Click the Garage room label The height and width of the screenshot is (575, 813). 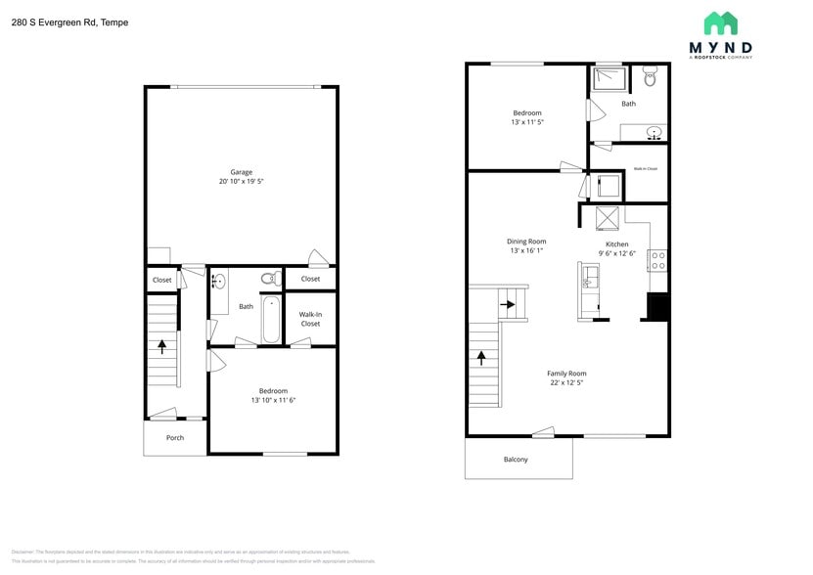click(241, 172)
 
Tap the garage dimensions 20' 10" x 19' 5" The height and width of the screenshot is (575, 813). click(241, 182)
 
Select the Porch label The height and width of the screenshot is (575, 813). click(175, 437)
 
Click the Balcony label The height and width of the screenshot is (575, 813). click(516, 459)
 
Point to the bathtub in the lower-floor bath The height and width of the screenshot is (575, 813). click(271, 319)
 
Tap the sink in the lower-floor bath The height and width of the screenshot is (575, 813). click(219, 282)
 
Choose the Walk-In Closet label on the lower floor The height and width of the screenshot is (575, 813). click(310, 318)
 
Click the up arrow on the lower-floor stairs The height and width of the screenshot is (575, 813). click(162, 344)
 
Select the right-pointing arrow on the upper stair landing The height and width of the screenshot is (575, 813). click(509, 304)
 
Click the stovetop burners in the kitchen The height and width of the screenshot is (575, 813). click(658, 260)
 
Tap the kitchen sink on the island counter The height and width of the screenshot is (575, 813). click(588, 283)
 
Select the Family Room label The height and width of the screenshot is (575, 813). click(566, 373)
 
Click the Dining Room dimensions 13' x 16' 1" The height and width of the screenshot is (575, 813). click(526, 251)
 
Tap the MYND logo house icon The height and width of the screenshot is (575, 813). click(720, 23)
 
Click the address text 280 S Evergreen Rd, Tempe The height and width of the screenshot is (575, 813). click(69, 22)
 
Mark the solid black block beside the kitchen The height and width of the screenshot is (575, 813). click(657, 307)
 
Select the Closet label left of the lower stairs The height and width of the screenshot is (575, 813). click(161, 280)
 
